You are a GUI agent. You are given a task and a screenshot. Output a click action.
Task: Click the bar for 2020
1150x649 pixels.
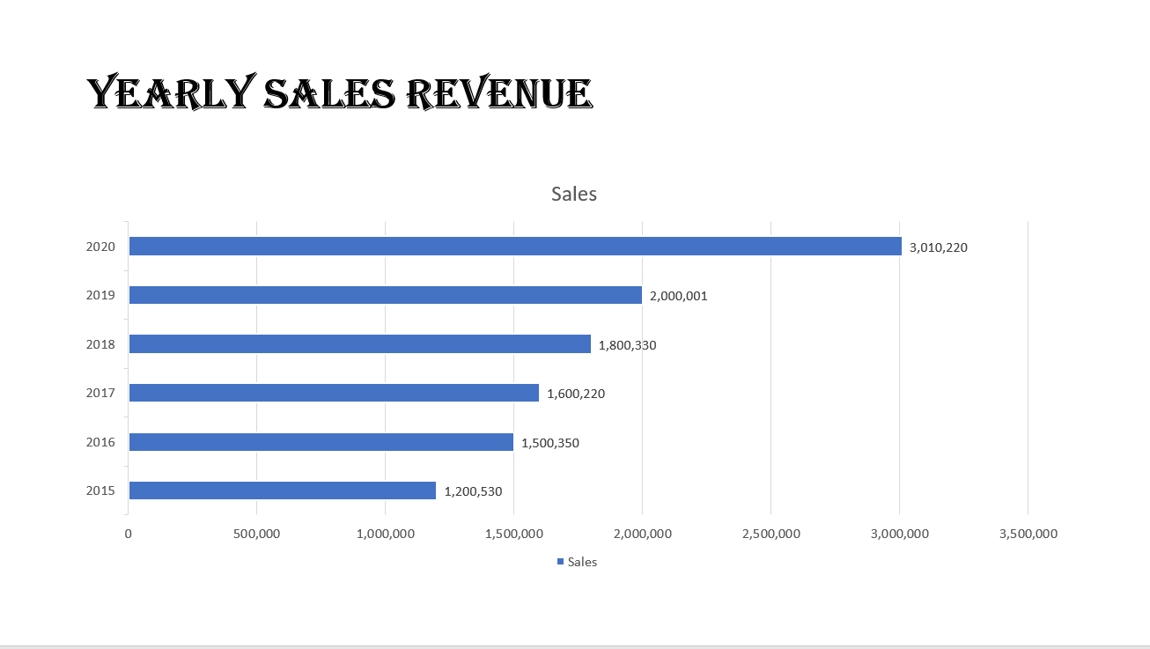(515, 247)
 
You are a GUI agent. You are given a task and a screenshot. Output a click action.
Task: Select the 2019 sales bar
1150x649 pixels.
(386, 296)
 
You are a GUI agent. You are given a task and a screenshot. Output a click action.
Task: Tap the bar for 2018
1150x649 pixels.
(359, 344)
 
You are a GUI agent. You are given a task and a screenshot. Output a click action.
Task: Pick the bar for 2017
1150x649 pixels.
(334, 393)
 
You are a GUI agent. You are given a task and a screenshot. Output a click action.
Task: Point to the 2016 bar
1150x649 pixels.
(321, 442)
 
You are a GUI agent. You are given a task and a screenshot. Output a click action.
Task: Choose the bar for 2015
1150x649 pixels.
(282, 490)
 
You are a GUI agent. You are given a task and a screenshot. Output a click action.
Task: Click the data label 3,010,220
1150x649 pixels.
(939, 247)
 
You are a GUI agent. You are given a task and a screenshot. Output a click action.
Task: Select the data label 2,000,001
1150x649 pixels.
(679, 296)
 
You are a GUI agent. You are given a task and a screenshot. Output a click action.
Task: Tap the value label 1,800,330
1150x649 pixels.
(628, 345)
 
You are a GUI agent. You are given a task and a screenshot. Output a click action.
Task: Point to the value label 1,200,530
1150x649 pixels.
(473, 491)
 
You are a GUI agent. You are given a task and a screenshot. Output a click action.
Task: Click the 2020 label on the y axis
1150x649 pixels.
(100, 247)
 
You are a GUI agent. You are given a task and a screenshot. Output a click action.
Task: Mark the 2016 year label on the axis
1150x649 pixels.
(100, 442)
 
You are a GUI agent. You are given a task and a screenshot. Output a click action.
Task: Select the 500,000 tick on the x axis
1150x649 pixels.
(256, 534)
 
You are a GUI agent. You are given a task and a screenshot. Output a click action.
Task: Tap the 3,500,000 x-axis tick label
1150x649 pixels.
(1028, 534)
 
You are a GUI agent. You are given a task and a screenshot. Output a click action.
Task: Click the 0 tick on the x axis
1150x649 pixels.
(129, 534)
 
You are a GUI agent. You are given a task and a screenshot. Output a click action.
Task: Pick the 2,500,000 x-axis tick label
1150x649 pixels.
(770, 534)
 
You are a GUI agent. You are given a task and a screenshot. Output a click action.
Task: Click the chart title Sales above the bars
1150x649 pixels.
(574, 194)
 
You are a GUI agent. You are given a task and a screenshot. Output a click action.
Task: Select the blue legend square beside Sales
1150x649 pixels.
(560, 562)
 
